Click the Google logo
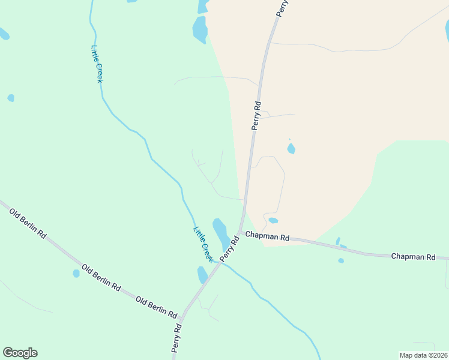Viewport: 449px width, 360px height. pyautogui.click(x=20, y=353)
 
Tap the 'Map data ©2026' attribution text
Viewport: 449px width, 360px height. pyautogui.click(x=423, y=355)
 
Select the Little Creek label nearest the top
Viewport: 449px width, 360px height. pyautogui.click(x=98, y=64)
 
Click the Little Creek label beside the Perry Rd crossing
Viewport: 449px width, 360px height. pyautogui.click(x=203, y=244)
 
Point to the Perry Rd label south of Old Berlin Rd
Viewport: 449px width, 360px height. pyautogui.click(x=176, y=339)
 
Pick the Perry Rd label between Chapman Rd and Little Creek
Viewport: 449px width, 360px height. pyautogui.click(x=229, y=248)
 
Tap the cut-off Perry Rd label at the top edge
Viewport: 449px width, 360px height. pyautogui.click(x=283, y=8)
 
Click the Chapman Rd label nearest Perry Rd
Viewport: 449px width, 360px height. pyautogui.click(x=268, y=237)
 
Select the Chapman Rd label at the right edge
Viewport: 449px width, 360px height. pyautogui.click(x=413, y=256)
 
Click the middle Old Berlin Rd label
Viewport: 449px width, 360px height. pyautogui.click(x=100, y=278)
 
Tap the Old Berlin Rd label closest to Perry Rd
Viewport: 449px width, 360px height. pyautogui.click(x=156, y=307)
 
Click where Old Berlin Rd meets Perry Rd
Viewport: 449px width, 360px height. pyautogui.click(x=181, y=315)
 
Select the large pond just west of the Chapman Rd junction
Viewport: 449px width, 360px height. pyautogui.click(x=221, y=234)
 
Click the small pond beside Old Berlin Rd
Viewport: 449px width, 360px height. pyautogui.click(x=76, y=274)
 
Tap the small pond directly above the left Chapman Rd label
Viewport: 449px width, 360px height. pyautogui.click(x=273, y=220)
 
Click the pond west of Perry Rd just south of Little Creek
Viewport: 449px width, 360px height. pyautogui.click(x=202, y=275)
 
